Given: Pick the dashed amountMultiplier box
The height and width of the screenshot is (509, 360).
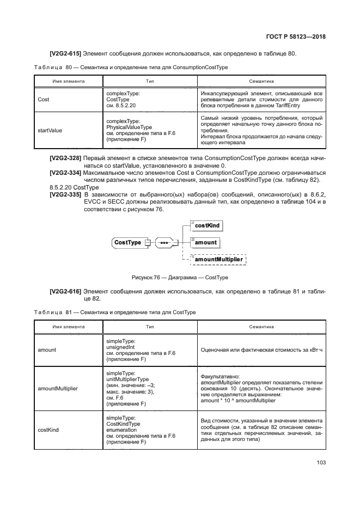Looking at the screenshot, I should pyautogui.click(x=218, y=260).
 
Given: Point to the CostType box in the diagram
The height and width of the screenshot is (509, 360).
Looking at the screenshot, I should pyautogui.click(x=127, y=242).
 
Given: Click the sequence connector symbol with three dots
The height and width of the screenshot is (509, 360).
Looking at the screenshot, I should pyautogui.click(x=163, y=242).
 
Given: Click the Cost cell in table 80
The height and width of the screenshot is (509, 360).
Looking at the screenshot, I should pyautogui.click(x=43, y=100).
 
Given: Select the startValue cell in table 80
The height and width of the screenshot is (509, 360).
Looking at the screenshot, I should pyautogui.click(x=50, y=131).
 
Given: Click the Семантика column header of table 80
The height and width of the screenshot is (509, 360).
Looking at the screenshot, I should pyautogui.click(x=261, y=81).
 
